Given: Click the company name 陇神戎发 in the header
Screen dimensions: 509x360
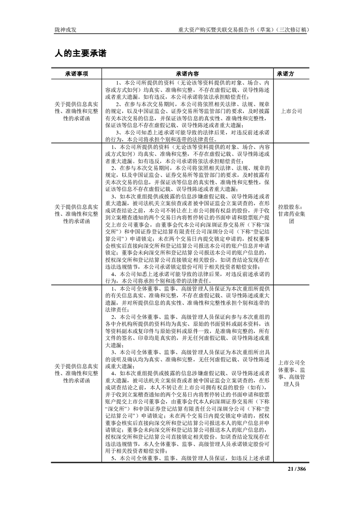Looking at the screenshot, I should point(65,29).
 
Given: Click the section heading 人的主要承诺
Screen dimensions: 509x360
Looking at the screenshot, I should point(80,54).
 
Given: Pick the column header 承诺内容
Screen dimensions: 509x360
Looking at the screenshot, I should point(187,73).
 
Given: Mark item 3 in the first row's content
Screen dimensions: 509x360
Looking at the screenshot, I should point(191,132).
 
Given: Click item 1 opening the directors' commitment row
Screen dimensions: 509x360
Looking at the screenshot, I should point(191,289).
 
